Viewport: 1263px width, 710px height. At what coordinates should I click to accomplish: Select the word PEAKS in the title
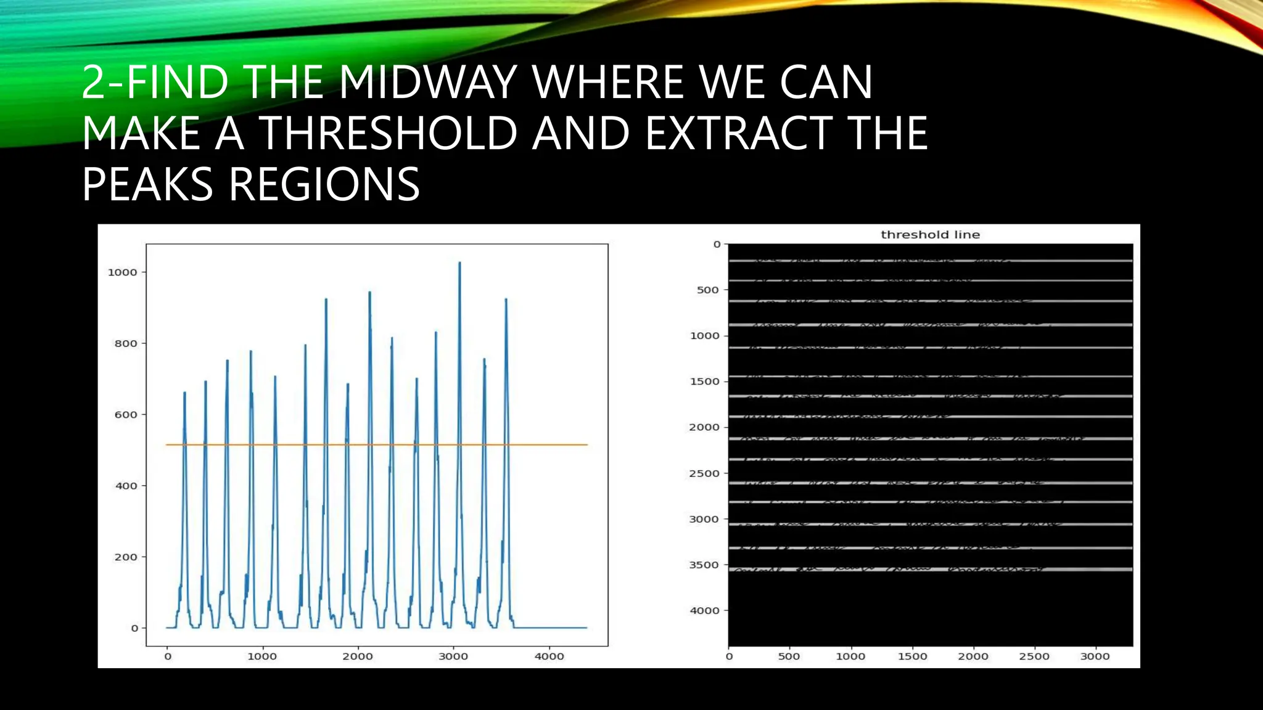147,184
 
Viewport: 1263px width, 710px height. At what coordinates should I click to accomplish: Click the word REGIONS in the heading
324,184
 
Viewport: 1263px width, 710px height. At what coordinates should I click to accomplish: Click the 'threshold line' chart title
930,235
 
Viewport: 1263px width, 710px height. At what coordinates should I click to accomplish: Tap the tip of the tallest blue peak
459,263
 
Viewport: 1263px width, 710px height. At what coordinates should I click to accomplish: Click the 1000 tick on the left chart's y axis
122,272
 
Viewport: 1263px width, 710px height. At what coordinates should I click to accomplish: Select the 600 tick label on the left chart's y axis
126,415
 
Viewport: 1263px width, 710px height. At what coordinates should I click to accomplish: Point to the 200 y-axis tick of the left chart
126,557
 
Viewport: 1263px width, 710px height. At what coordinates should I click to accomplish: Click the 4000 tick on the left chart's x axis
549,656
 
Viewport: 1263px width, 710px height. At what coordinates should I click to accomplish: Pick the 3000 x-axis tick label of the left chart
453,656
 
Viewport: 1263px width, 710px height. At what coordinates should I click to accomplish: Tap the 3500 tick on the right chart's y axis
704,565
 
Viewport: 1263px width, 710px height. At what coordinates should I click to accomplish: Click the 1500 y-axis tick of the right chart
704,382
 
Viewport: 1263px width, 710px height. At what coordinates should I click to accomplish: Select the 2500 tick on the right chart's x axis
1034,657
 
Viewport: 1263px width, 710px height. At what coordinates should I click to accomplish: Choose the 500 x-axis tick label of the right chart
789,657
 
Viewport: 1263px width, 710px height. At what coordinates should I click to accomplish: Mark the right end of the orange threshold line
587,444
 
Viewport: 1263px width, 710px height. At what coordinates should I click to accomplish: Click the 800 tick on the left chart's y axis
126,344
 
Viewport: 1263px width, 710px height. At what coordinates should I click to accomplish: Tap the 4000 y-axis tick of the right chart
704,611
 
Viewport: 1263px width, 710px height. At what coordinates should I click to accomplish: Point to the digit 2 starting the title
93,82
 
